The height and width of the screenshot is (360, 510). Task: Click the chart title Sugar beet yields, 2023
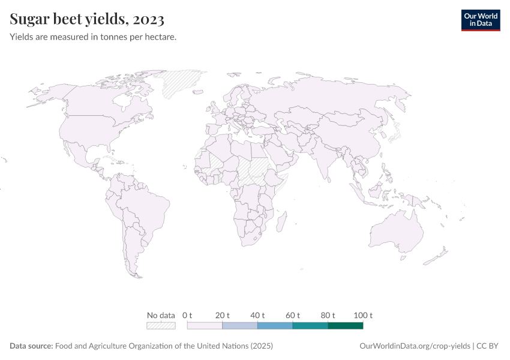[x=87, y=19]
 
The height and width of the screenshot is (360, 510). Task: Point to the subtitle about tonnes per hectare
[x=93, y=37]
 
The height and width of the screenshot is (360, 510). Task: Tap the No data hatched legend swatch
[x=161, y=326]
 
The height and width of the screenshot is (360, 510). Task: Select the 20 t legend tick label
[x=223, y=315]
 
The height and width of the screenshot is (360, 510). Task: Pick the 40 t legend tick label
[x=257, y=315]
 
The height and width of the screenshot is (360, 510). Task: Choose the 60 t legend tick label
[x=293, y=315]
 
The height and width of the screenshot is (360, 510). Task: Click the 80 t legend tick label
[x=328, y=315]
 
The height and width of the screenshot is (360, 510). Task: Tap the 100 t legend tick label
[x=363, y=315]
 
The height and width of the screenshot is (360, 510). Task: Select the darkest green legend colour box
[x=346, y=326]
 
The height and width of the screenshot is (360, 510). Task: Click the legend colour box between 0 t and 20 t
[x=205, y=326]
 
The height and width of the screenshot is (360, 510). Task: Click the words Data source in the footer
[x=31, y=346]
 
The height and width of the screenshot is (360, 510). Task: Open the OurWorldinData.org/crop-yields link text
[x=415, y=346]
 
